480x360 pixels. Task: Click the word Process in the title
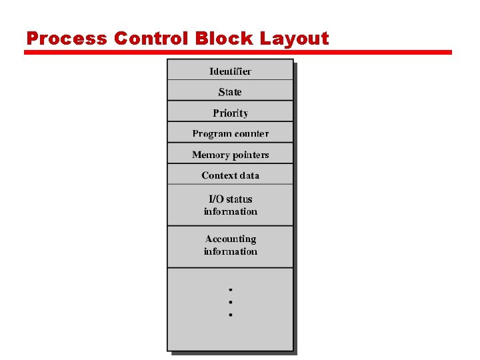tap(67, 39)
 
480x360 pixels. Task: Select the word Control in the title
tap(151, 39)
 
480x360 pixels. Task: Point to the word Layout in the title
tap(294, 39)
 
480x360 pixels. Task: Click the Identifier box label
tap(230, 71)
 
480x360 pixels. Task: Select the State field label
tap(230, 92)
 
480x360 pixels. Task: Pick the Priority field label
tap(230, 113)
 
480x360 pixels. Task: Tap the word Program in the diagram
tap(211, 134)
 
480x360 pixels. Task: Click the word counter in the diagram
tap(251, 134)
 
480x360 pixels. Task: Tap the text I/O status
tap(230, 199)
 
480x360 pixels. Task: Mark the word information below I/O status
tap(230, 211)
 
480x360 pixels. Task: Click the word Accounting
tap(230, 239)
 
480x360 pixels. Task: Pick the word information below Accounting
tap(230, 251)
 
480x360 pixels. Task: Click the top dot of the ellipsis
tap(230, 290)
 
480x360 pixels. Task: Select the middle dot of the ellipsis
tap(230, 302)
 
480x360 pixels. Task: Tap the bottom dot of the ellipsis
tap(230, 314)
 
